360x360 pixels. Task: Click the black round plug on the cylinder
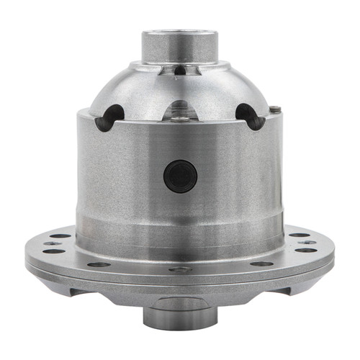pos(179,176)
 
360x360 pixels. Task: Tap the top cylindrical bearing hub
pos(179,48)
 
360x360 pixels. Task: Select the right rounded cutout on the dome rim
pos(248,116)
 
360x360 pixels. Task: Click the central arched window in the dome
pos(179,109)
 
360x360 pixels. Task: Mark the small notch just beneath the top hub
pos(179,70)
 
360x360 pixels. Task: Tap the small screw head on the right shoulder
pos(276,109)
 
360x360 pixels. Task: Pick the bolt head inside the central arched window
pos(179,117)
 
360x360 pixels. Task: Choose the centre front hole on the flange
pos(180,269)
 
